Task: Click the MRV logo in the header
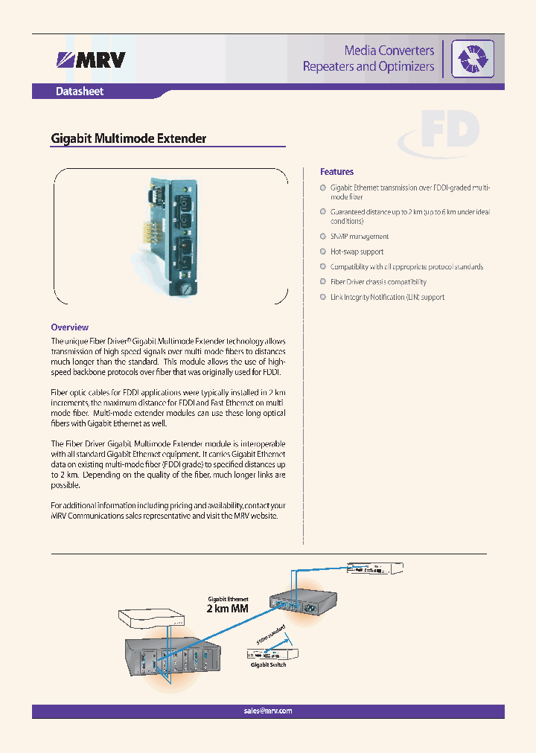coord(91,60)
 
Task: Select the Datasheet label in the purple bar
coord(80,92)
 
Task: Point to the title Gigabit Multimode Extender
coord(128,138)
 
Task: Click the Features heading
coord(336,172)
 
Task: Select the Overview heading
coord(69,327)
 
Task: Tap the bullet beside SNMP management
coord(323,236)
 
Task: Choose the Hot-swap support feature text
coord(357,251)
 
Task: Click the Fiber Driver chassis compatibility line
coord(378,282)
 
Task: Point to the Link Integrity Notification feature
coord(387,297)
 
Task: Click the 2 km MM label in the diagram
coord(227,609)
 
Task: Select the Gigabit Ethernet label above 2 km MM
coord(228,597)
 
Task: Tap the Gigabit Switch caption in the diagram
coord(268,664)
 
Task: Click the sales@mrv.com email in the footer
coord(268,711)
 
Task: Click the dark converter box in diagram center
coord(301,601)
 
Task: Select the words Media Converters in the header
coord(389,50)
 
